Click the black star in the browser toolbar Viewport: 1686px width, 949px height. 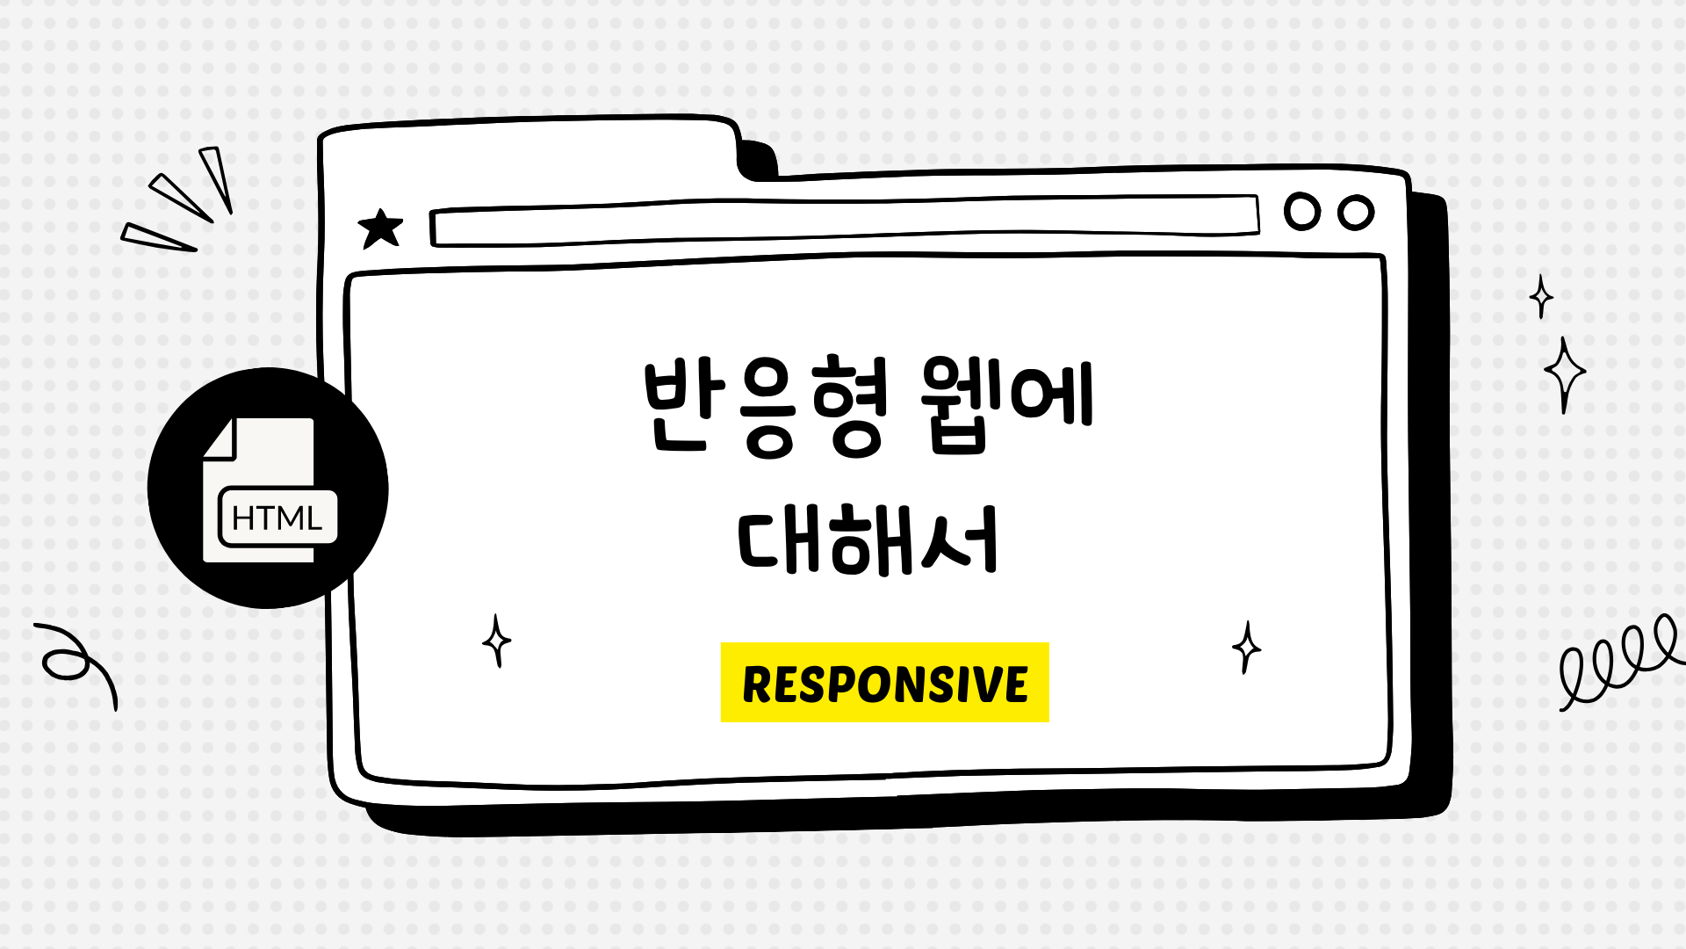tap(380, 229)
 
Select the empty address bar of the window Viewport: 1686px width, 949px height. tap(843, 221)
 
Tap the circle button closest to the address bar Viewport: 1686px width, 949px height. tap(1302, 212)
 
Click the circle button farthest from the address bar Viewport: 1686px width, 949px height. tap(1356, 213)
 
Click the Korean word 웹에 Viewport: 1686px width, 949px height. tap(1006, 404)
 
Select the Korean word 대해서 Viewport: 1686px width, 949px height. tap(868, 540)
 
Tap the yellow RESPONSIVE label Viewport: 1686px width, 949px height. tap(884, 683)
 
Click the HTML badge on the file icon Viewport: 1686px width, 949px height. tap(277, 518)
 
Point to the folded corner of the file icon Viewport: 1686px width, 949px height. tap(221, 438)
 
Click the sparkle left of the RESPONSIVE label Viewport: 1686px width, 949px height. tap(497, 641)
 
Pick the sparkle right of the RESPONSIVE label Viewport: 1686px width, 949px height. tap(1246, 648)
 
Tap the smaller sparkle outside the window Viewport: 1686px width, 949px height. tap(1541, 296)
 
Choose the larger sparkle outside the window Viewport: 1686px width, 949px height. tap(1564, 374)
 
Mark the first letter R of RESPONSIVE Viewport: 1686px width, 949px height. tap(758, 685)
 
